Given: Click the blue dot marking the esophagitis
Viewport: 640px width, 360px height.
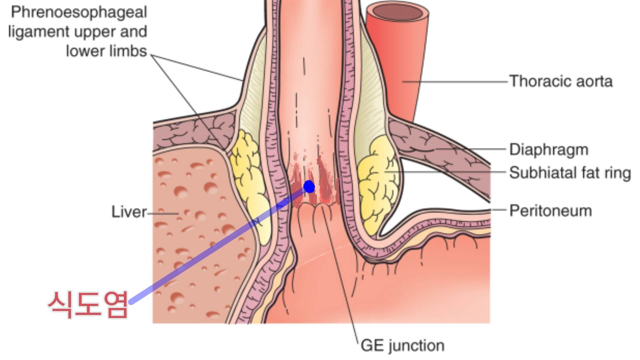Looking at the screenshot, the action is tap(309, 187).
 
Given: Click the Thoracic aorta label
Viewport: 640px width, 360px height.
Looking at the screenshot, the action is tap(561, 81).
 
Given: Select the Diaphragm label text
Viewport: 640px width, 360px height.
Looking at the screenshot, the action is tap(549, 150).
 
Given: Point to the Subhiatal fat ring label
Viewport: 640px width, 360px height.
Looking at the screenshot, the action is tap(570, 173).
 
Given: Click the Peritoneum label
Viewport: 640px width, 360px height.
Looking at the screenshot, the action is tap(550, 211).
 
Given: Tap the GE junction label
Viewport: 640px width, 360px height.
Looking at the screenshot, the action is tap(403, 346).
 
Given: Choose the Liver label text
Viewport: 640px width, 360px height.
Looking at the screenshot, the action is tap(129, 212).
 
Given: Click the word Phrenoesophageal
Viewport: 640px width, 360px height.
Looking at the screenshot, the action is tap(79, 12).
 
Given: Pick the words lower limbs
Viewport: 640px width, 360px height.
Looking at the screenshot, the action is tap(106, 51).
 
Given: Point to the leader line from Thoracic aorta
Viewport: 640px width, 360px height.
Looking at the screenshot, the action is tap(457, 81).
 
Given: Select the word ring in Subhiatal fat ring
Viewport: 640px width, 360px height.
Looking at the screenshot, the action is tap(619, 173).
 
